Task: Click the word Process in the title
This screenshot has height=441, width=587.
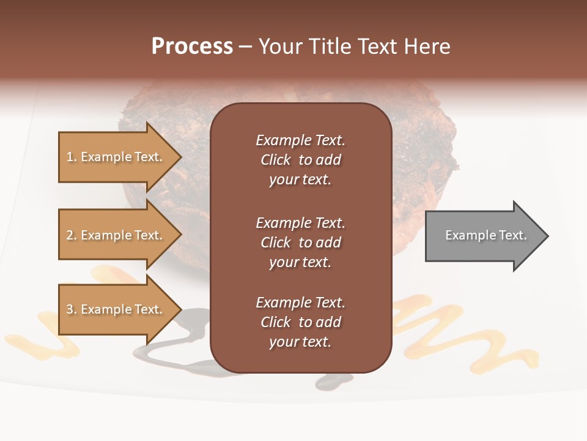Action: pyautogui.click(x=192, y=47)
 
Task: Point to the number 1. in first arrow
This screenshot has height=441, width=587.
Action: pyautogui.click(x=72, y=157)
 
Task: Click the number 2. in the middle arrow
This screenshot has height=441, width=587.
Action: pyautogui.click(x=72, y=235)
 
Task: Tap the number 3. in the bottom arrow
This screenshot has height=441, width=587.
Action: pyautogui.click(x=72, y=309)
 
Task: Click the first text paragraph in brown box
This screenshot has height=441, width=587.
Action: pyautogui.click(x=300, y=160)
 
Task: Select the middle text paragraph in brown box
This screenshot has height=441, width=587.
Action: pyautogui.click(x=300, y=243)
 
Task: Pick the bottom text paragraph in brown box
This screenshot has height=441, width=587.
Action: pyautogui.click(x=300, y=322)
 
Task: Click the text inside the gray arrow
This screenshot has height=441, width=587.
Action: pyautogui.click(x=486, y=235)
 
